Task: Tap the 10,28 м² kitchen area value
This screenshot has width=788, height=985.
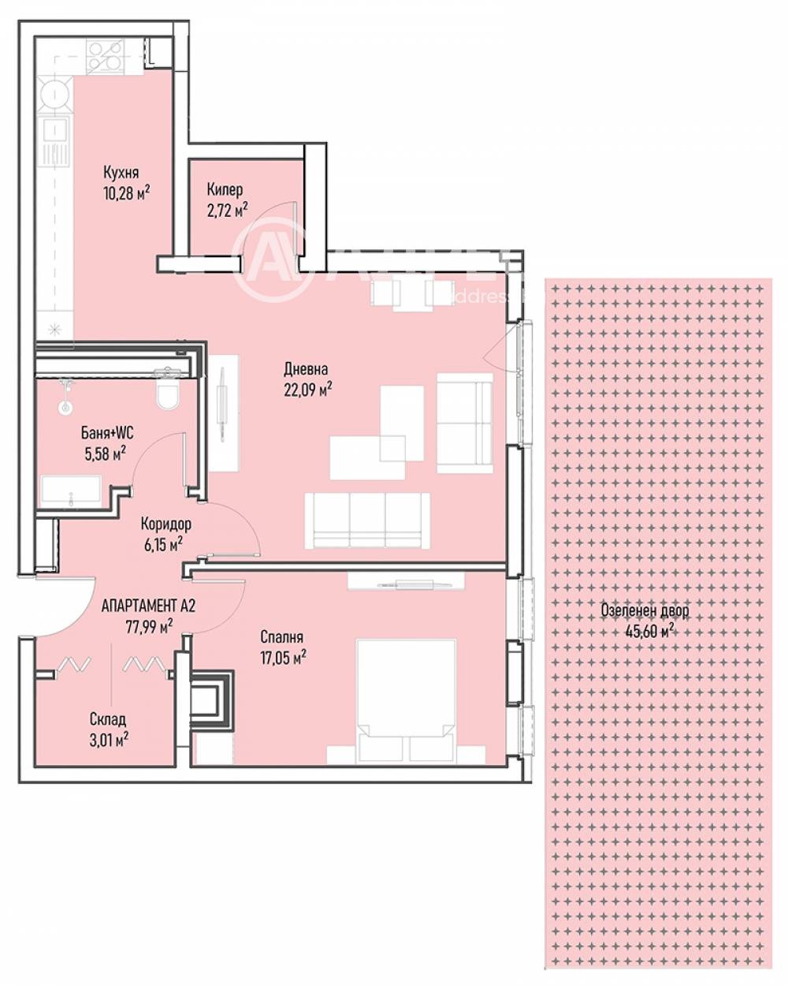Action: (x=127, y=191)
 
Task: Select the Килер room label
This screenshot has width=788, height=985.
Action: (x=225, y=190)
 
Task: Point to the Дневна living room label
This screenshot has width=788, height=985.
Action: (x=306, y=368)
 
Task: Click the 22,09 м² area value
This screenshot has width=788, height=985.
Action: (x=308, y=387)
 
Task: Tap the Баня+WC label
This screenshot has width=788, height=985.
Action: (x=107, y=432)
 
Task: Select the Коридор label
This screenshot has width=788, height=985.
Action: (x=165, y=524)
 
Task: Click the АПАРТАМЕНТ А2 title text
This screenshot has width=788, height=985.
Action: (x=148, y=606)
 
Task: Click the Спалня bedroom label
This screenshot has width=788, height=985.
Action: (x=282, y=637)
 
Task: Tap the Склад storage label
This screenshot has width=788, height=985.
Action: (x=107, y=719)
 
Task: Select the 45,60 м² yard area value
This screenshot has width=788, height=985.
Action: (x=649, y=630)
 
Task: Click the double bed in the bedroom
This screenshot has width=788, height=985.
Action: (x=406, y=702)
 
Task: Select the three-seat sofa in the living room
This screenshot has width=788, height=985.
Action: (x=366, y=521)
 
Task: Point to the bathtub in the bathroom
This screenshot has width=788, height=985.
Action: (x=75, y=493)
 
